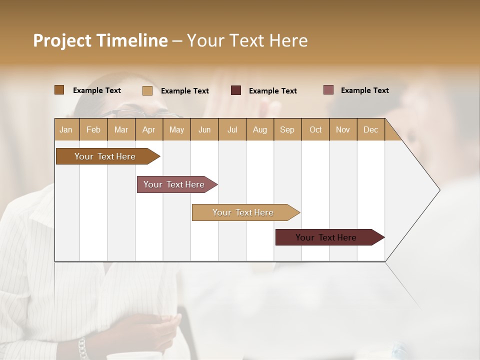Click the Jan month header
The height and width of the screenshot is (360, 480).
(66, 129)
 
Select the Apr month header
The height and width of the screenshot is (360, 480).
(148, 129)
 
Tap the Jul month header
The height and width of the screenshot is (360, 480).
(232, 129)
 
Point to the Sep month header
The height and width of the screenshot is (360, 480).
(287, 129)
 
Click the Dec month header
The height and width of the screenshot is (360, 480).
(370, 129)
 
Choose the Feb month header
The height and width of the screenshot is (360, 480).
(93, 129)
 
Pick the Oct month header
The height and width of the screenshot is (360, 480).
(315, 129)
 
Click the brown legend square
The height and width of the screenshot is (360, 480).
(59, 90)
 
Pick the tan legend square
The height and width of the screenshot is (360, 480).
(147, 90)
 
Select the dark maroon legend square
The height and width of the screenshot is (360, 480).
(236, 90)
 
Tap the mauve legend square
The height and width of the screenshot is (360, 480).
(328, 90)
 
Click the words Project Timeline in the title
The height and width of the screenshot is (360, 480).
(100, 40)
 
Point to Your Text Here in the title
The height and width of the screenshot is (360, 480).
(247, 40)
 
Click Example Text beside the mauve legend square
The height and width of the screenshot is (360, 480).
(364, 90)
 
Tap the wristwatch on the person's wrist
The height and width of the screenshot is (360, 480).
(82, 348)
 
